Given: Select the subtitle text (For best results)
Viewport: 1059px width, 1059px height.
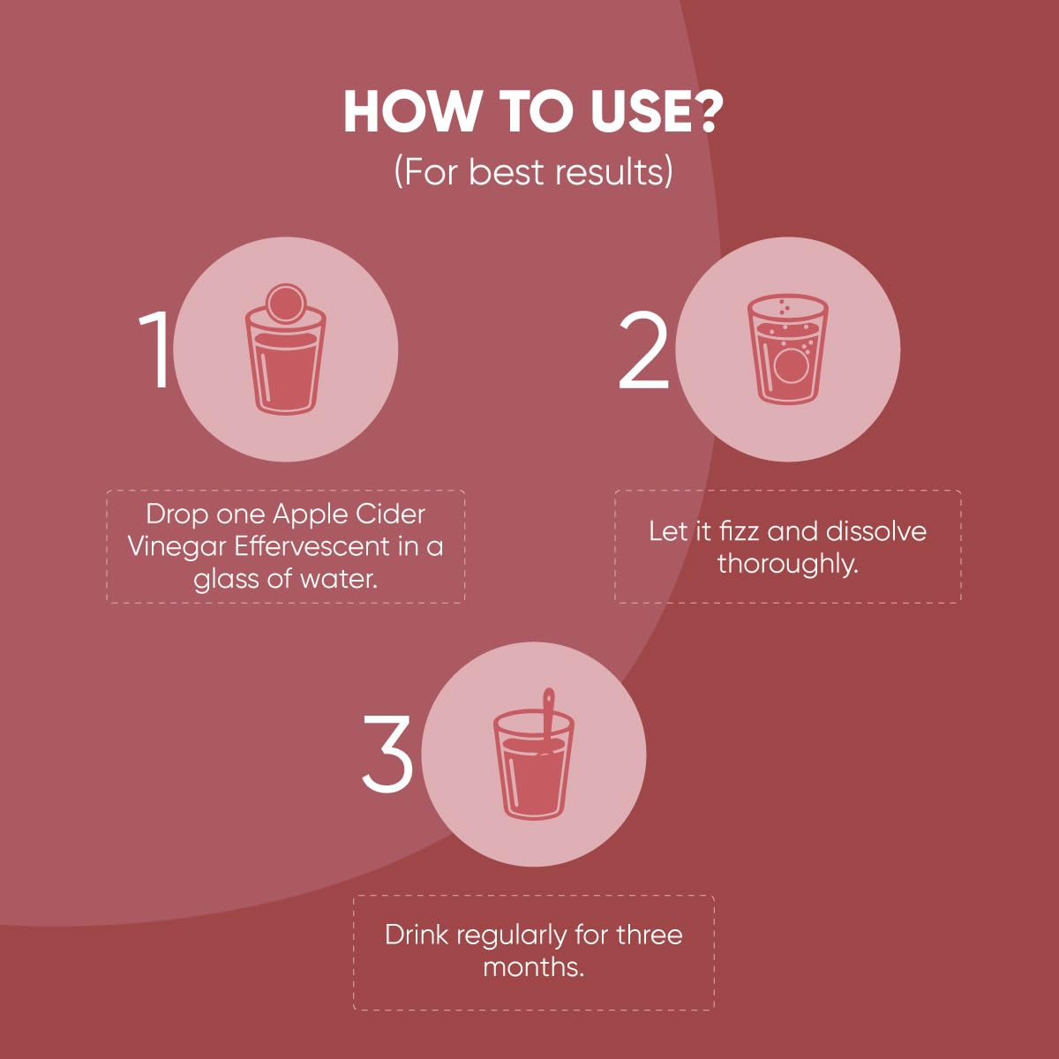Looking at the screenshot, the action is [x=533, y=172].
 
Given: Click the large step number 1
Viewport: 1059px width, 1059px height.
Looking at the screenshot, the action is [x=155, y=349].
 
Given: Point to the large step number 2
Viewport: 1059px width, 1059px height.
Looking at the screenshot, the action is [x=643, y=349].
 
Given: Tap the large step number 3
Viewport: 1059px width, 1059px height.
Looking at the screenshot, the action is [x=387, y=755].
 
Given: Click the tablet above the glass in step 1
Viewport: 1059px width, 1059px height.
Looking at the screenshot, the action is [x=285, y=303].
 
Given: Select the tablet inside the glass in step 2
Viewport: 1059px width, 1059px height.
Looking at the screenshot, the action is [x=790, y=365].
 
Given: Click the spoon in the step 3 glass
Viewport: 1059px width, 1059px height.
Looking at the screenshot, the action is [x=548, y=720].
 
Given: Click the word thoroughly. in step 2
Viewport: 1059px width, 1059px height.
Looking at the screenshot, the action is [x=787, y=565].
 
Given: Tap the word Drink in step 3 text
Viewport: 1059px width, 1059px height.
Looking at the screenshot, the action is [x=416, y=935].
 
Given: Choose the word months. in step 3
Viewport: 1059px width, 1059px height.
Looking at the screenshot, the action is [x=533, y=968].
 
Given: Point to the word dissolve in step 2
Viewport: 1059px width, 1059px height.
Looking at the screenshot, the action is [x=876, y=531].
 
